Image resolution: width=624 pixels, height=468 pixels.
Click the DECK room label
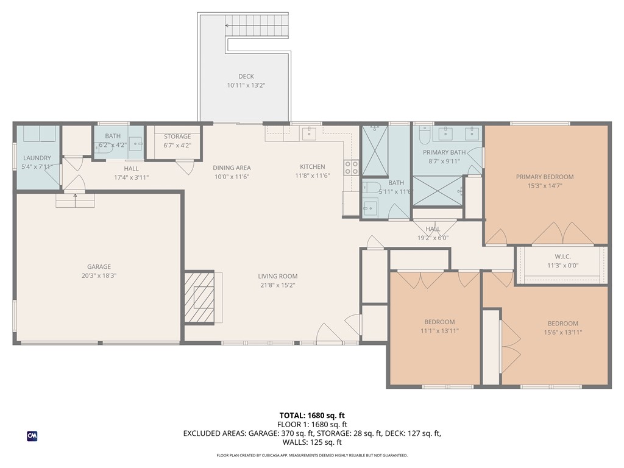coord(246,76)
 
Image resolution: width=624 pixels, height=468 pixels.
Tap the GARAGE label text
coord(99,267)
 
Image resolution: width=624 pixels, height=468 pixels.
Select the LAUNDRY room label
coord(37,158)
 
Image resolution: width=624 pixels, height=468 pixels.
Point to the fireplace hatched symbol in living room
coord(200,297)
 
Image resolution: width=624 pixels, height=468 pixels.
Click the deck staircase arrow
coord(229,26)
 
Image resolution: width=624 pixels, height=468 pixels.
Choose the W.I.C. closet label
coord(562,257)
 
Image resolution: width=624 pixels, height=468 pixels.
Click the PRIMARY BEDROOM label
coord(545,177)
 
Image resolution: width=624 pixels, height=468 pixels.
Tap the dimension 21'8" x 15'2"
coord(277,285)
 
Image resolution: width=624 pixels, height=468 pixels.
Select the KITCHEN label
coord(312,167)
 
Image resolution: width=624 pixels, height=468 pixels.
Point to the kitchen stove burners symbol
coord(351,167)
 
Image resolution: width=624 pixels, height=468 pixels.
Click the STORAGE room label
coord(177,136)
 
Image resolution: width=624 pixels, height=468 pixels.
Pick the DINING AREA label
coord(232,168)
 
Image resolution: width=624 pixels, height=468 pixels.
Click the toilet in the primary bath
coord(425,133)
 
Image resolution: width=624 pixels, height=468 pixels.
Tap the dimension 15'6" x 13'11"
coord(562,332)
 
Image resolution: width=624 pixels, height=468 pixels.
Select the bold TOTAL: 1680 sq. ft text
coord(312,416)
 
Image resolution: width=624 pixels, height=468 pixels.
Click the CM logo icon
coord(32,436)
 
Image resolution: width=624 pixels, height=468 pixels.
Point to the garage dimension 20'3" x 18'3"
coord(99,275)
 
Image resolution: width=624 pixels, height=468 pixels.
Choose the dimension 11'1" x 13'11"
coord(439,331)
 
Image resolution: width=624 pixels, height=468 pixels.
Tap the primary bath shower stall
coord(439,191)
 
